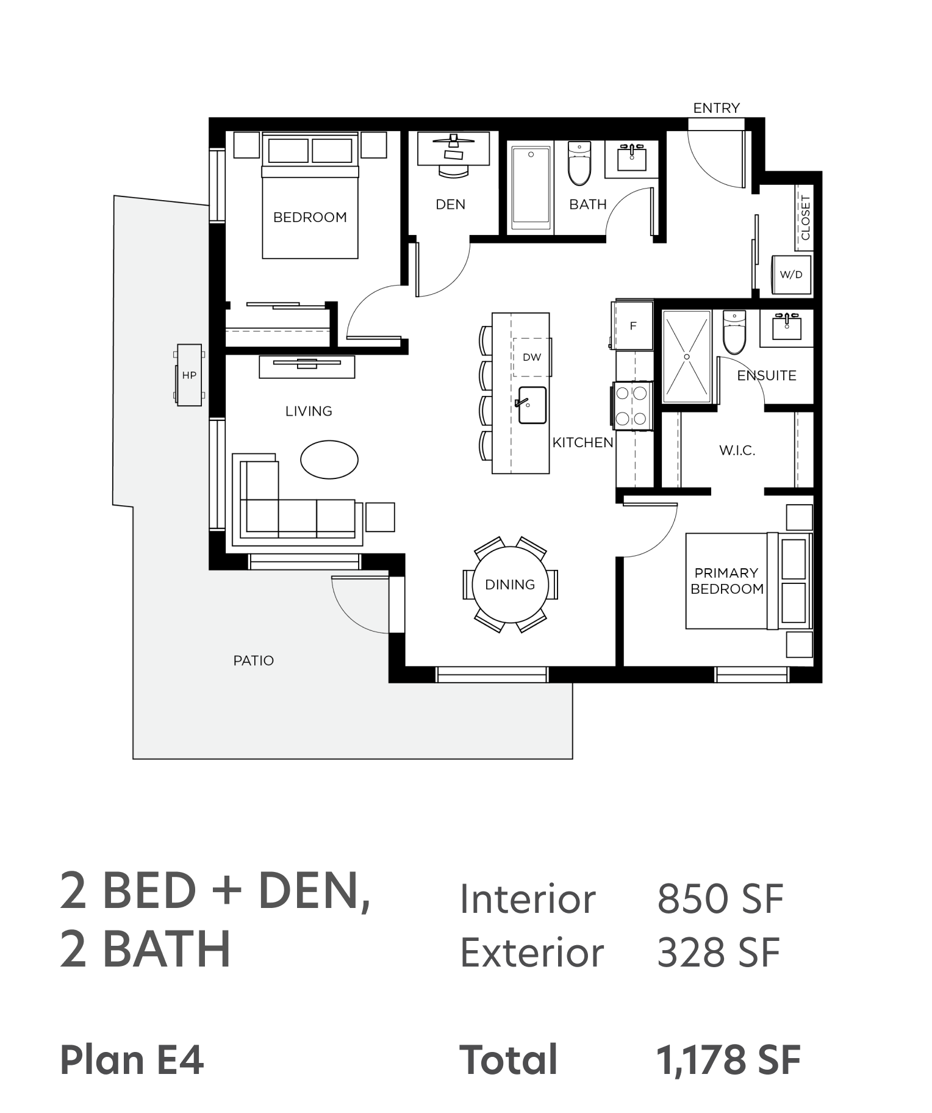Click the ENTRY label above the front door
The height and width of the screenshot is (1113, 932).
[x=716, y=108]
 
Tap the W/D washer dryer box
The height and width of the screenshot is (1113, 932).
[x=792, y=275]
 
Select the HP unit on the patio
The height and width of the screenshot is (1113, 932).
[x=189, y=375]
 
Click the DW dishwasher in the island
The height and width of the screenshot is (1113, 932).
[x=532, y=357]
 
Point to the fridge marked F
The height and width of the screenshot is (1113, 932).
[x=633, y=325]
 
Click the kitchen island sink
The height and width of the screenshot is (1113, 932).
[x=532, y=405]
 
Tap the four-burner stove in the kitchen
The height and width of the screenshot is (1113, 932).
[x=631, y=406]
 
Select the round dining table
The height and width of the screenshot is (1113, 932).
[x=510, y=585]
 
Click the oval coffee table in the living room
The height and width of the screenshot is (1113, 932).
[x=329, y=459]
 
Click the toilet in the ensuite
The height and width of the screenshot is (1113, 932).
[x=734, y=332]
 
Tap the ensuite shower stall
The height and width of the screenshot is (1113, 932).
[x=687, y=356]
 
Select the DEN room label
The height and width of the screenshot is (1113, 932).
[x=451, y=204]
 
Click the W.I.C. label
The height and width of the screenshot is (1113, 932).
[x=737, y=451]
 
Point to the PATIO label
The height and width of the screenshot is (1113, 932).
[x=254, y=660]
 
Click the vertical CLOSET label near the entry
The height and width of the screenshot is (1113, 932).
[x=805, y=218]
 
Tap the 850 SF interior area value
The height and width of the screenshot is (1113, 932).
[x=720, y=899]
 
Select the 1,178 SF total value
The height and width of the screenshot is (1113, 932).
[x=728, y=1060]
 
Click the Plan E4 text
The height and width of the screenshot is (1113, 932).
[x=132, y=1060]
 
